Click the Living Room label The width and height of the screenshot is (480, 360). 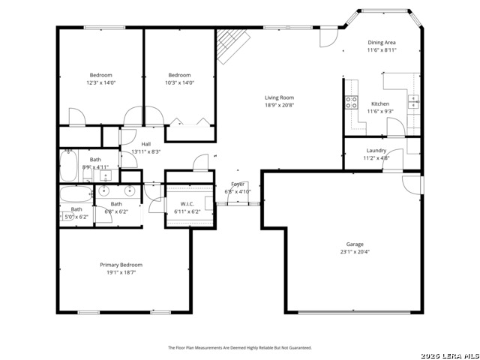[279, 97]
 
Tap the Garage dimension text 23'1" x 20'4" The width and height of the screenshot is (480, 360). [355, 252]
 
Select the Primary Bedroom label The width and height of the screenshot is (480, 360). [121, 265]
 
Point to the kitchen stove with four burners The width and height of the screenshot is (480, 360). [351, 103]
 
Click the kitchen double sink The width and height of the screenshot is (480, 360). [412, 101]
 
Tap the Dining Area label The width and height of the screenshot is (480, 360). [382, 43]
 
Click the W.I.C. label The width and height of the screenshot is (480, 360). [187, 205]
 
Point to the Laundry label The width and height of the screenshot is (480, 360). [376, 150]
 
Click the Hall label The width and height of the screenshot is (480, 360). [146, 144]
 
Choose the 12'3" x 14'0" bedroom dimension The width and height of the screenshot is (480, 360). [101, 83]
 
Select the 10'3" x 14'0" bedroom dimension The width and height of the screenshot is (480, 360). [179, 83]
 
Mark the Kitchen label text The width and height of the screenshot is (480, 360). [380, 103]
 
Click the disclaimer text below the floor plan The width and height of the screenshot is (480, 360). [239, 347]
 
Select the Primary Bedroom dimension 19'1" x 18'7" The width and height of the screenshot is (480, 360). [121, 273]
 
